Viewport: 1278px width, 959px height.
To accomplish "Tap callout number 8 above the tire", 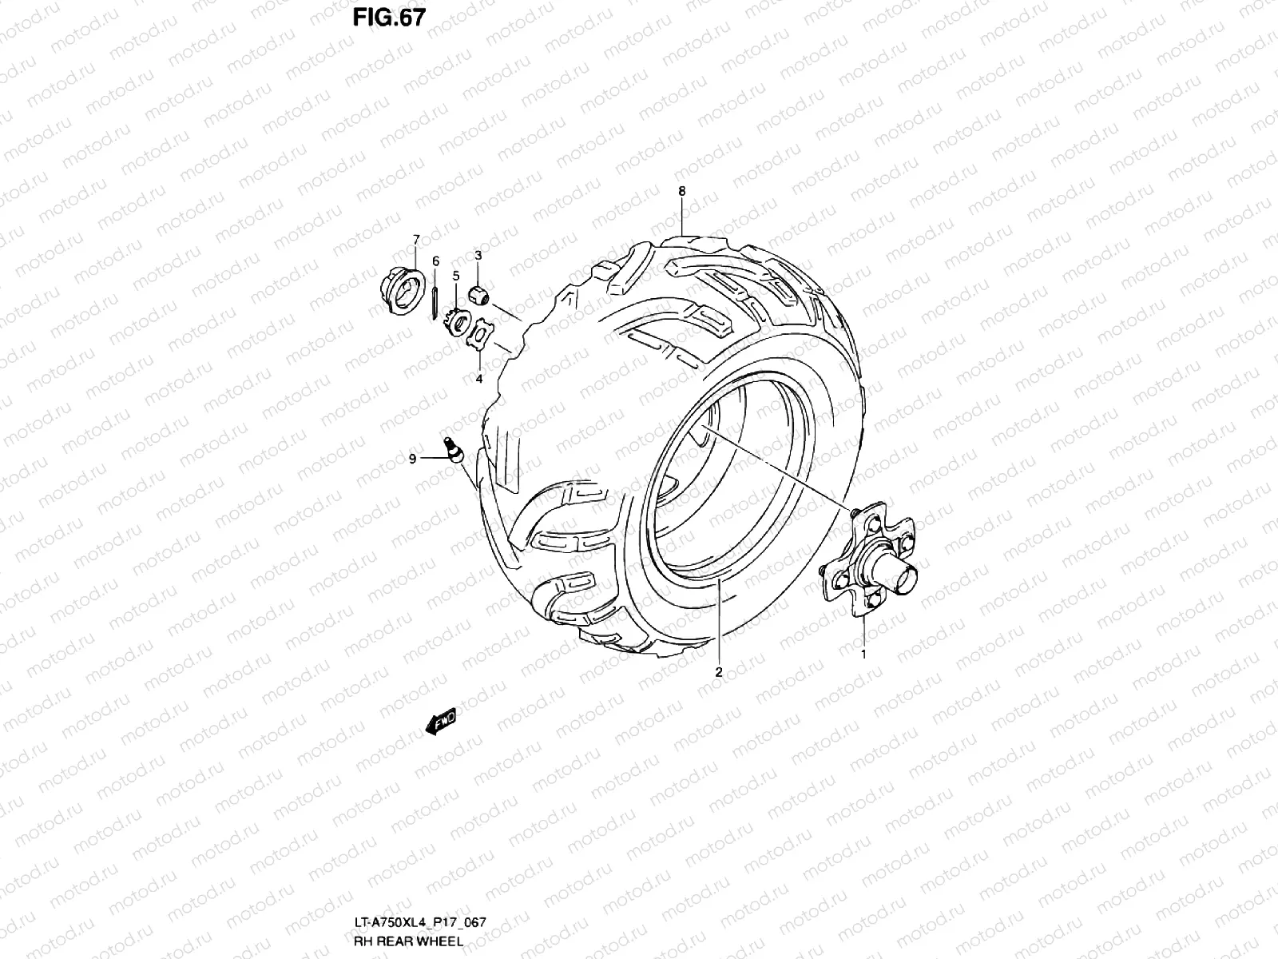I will [x=681, y=191].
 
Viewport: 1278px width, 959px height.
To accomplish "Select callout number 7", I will [x=415, y=239].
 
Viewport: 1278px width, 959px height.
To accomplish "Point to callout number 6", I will [x=435, y=261].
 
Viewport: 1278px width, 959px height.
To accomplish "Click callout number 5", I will [x=456, y=275].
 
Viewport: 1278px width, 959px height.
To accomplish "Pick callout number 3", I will [x=478, y=255].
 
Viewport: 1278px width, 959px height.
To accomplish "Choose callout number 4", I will [x=479, y=379].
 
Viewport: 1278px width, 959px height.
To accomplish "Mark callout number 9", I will [x=412, y=458].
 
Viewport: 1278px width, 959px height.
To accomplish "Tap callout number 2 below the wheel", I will [x=718, y=672].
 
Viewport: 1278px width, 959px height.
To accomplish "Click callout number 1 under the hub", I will [x=863, y=654].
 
